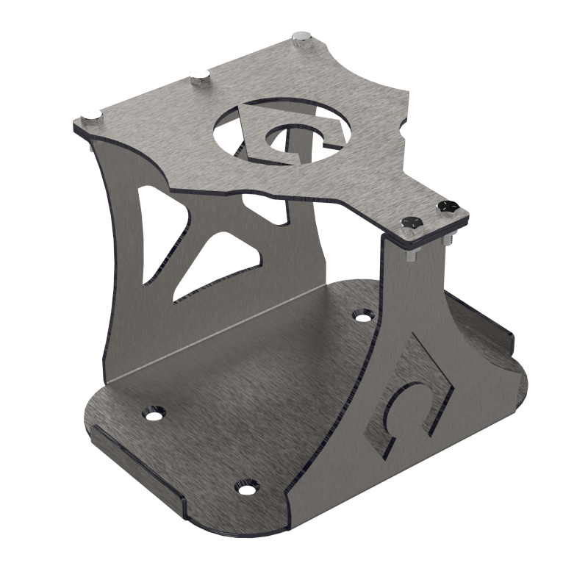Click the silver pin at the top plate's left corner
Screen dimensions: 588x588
click(x=91, y=114)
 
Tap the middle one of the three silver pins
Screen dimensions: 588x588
click(x=198, y=75)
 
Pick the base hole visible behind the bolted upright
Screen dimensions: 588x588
click(x=359, y=316)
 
